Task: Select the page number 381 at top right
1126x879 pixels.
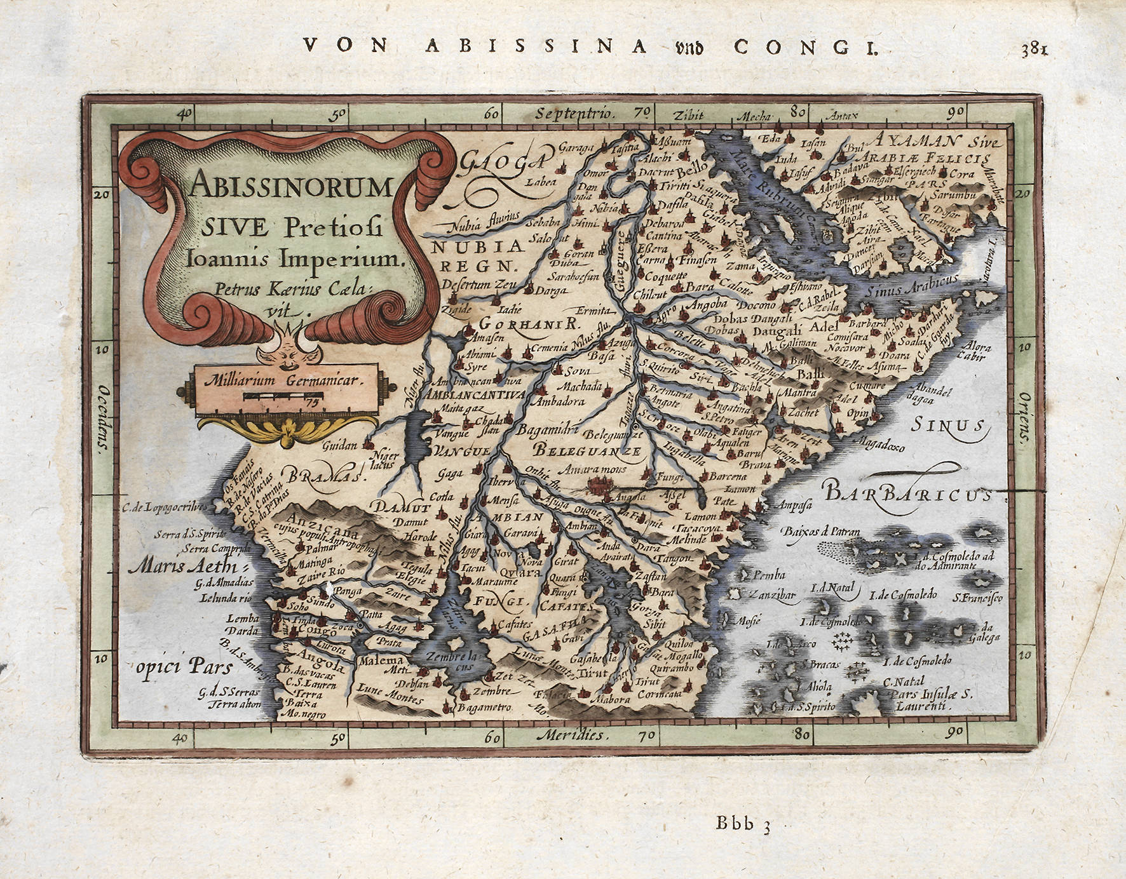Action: click(x=1034, y=49)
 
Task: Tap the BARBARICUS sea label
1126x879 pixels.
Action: click(x=906, y=493)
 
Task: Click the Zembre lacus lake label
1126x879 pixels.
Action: click(x=452, y=661)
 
